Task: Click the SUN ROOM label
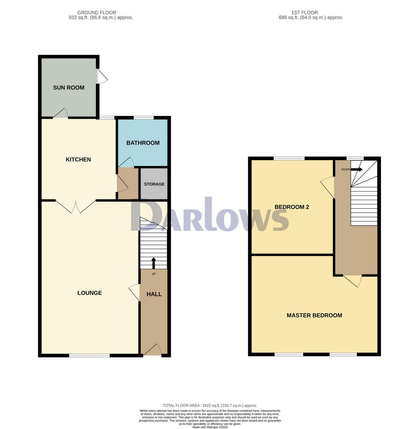point(69,88)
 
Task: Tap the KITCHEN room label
point(78,159)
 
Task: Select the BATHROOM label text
point(143,143)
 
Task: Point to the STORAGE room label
point(154,184)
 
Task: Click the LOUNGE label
point(90,293)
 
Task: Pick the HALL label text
point(154,294)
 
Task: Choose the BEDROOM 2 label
point(291,207)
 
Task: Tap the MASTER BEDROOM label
point(314,315)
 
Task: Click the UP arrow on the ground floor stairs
point(154,263)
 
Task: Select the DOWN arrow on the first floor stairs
point(357,169)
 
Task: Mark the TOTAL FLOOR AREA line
point(210,405)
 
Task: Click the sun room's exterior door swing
point(102,76)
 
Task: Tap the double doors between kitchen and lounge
point(76,207)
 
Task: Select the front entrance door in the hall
point(152,350)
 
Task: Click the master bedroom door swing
point(353,281)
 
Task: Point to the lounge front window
point(89,355)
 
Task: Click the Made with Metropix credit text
point(210,427)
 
